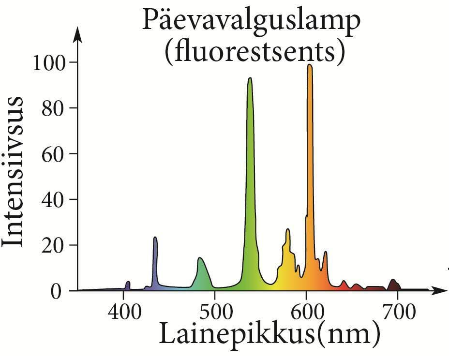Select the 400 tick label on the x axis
pos(124,312)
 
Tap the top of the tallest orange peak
pos(310,65)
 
